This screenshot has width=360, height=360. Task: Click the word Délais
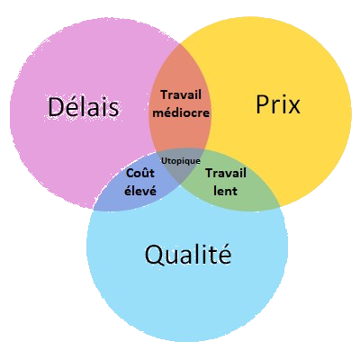point(84,106)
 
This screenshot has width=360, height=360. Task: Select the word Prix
point(278,104)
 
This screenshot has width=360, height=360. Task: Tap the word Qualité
point(188,254)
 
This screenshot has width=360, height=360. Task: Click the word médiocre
point(181,113)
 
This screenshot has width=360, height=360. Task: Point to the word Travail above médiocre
point(181,94)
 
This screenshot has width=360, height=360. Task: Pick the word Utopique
point(181,161)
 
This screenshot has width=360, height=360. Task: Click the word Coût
point(140,173)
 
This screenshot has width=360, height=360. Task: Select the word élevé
point(140,191)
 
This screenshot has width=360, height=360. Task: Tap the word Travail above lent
point(226,173)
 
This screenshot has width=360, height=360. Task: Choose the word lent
point(225,191)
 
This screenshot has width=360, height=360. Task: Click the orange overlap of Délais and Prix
point(180,129)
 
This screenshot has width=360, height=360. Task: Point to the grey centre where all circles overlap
point(181,171)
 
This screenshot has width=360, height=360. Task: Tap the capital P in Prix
point(262,104)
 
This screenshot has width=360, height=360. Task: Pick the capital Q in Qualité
point(154,256)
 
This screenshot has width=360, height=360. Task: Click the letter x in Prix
point(293,107)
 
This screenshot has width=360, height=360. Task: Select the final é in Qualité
point(225,254)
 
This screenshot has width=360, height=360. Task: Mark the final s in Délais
point(113,110)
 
